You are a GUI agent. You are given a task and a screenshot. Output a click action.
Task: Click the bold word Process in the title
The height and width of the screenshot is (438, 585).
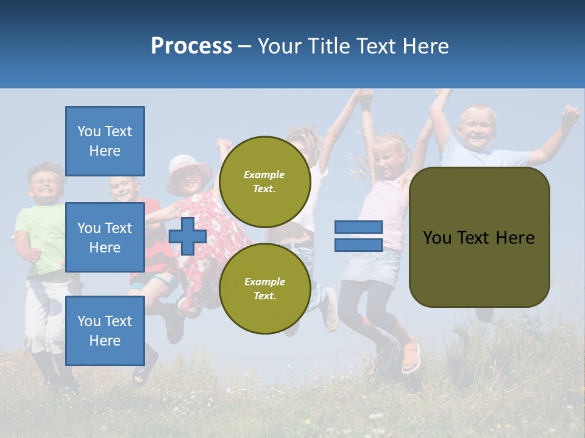tap(191, 46)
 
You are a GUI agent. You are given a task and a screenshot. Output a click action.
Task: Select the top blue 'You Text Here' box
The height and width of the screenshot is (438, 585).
tap(105, 141)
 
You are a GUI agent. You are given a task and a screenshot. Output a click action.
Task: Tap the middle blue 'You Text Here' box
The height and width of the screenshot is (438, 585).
tap(105, 237)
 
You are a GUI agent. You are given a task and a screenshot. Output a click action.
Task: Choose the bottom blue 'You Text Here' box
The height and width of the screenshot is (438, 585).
tap(105, 331)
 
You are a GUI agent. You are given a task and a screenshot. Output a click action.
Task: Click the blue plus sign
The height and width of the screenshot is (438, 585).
tap(188, 236)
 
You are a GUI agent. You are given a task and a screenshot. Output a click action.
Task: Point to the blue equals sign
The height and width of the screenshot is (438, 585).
tap(358, 236)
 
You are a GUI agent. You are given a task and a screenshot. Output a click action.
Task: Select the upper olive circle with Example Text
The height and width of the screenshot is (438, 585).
tap(264, 181)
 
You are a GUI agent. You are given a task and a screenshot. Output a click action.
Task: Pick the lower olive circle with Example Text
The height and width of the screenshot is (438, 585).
tap(264, 288)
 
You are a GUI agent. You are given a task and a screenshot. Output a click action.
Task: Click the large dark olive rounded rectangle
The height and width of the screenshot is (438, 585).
tap(479, 237)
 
